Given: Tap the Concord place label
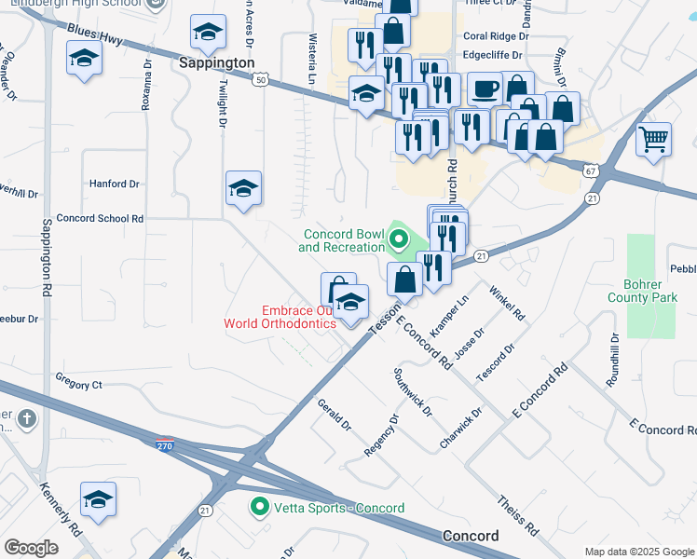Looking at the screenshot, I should [x=471, y=537].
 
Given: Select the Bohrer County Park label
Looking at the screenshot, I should [x=659, y=291].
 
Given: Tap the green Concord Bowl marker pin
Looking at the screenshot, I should [x=398, y=239].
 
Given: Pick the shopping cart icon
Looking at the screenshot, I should [x=653, y=140].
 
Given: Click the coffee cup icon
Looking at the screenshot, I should [x=485, y=89].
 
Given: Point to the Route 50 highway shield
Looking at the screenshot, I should [x=260, y=81].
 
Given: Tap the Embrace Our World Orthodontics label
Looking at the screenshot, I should [x=280, y=317].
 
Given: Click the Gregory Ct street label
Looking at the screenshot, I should [x=78, y=384].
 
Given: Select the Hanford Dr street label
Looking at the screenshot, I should [x=114, y=184].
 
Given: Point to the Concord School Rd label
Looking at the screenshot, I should [x=100, y=219].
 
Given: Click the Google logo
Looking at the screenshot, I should [x=31, y=548].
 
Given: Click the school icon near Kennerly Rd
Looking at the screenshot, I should [x=98, y=500].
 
